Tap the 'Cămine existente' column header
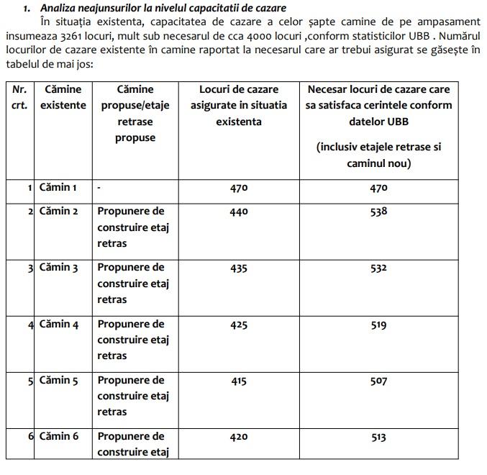(x=63, y=97)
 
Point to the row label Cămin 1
(x=57, y=187)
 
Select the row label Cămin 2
(x=57, y=212)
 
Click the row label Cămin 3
(x=57, y=268)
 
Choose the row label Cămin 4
(x=57, y=324)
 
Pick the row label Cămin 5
(x=57, y=380)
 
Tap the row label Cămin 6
(x=57, y=436)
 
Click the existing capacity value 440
(x=239, y=212)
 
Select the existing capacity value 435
(x=239, y=268)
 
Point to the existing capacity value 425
(x=239, y=325)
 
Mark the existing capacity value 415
(x=239, y=381)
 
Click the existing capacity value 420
(x=239, y=437)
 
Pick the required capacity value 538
(x=378, y=212)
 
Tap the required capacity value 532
(x=378, y=268)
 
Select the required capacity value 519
(x=378, y=325)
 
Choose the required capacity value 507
(x=378, y=381)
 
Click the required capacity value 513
(x=378, y=437)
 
